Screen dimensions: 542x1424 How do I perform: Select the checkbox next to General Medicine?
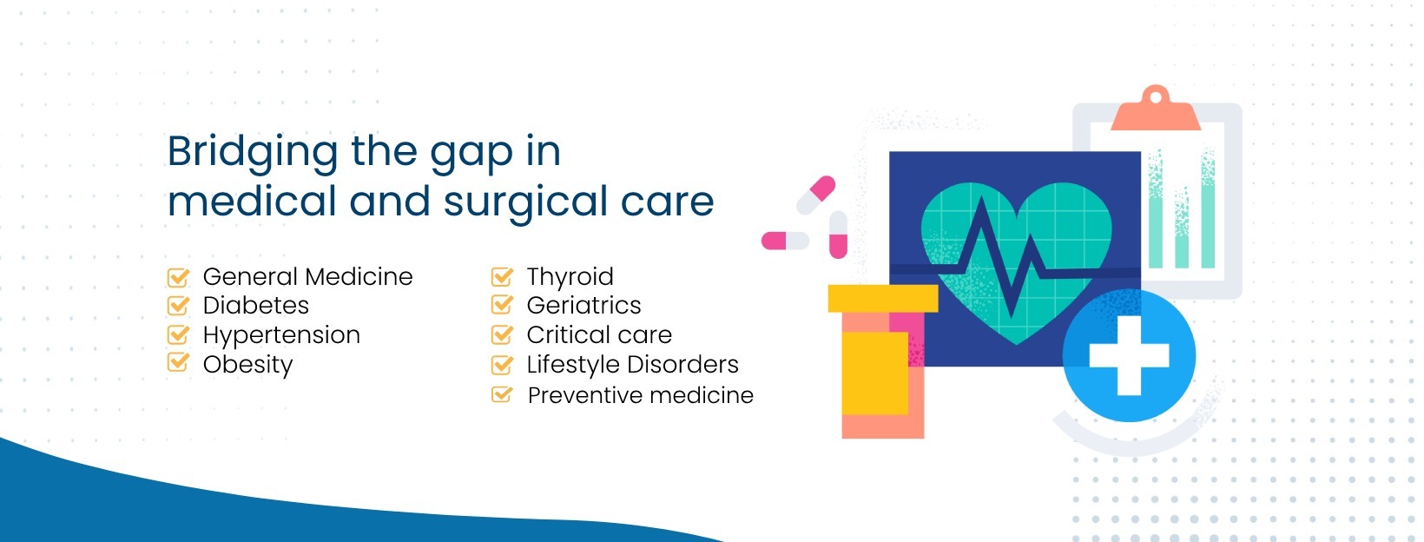[x=178, y=277]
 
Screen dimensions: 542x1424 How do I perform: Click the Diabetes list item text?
[x=255, y=306]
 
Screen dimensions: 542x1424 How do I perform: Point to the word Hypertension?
[x=281, y=335]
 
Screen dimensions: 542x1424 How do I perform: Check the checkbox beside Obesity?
[x=178, y=363]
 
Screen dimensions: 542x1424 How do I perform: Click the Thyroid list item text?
[x=570, y=277]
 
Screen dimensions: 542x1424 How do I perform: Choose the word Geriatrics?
[x=583, y=306]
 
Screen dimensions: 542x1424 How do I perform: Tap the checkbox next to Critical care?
[x=502, y=334]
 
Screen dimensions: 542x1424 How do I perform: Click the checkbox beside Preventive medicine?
[x=502, y=394]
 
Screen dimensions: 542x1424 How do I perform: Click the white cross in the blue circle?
[x=1129, y=356]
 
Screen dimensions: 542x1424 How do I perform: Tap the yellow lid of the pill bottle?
[x=882, y=298]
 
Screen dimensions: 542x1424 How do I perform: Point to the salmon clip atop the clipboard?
[x=1156, y=110]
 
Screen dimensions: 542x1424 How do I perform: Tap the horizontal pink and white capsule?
[x=785, y=241]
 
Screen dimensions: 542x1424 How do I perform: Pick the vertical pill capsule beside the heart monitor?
[x=838, y=235]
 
